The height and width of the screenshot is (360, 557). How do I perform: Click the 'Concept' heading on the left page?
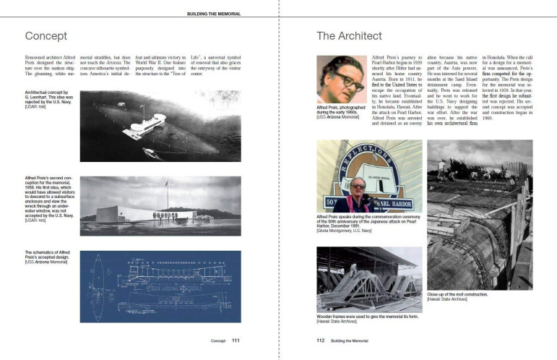click(x=46, y=35)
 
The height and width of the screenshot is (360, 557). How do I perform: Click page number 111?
click(x=236, y=340)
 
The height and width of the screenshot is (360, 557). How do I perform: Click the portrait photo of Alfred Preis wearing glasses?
click(x=341, y=79)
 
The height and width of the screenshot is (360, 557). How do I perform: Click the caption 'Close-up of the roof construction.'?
click(x=457, y=295)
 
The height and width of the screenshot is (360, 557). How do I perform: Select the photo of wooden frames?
click(x=368, y=279)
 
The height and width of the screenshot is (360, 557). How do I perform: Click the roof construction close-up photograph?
click(x=470, y=215)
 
